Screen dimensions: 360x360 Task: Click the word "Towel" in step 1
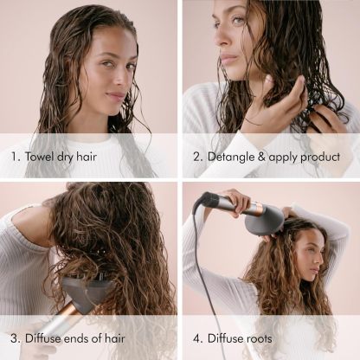coord(45,157)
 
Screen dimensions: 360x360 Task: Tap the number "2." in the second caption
coord(196,157)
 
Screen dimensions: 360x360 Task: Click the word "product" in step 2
coord(324,157)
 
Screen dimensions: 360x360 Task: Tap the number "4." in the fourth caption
coord(197,339)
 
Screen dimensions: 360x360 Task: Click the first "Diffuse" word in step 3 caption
coord(44,339)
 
